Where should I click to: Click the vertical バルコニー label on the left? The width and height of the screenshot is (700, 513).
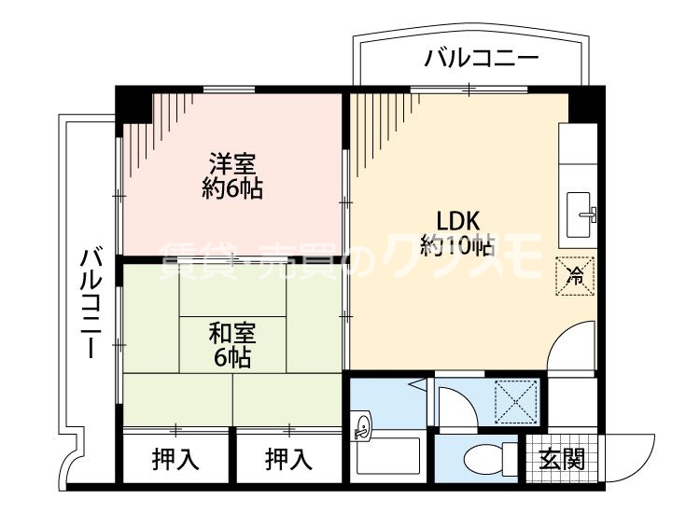91,304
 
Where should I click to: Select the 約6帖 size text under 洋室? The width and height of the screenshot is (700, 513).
231,189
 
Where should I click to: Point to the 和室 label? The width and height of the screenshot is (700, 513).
231,332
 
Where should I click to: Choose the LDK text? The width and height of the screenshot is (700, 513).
458,222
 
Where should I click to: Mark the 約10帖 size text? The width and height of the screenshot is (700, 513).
457,246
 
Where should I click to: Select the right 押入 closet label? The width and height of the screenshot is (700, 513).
288,459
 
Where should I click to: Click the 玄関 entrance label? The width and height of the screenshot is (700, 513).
562,459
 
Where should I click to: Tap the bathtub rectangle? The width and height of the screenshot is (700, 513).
390,459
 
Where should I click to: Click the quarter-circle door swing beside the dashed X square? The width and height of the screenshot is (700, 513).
456,406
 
